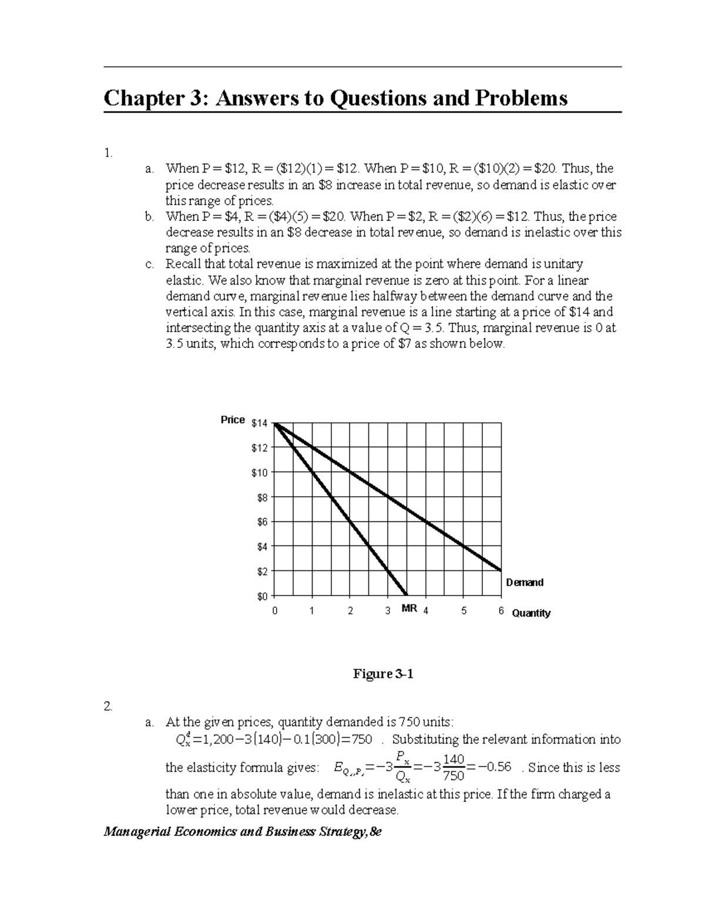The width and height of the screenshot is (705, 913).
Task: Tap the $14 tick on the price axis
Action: click(259, 423)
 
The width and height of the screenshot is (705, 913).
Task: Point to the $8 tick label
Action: click(261, 497)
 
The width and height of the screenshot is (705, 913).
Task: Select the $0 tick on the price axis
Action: click(261, 596)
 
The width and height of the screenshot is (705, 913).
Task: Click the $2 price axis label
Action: click(261, 571)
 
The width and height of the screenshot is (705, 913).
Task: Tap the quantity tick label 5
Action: click(464, 611)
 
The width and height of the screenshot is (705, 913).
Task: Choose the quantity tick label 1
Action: click(312, 611)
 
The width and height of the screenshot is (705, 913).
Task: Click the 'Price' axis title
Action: click(233, 420)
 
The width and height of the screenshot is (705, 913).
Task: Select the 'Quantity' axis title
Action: click(531, 613)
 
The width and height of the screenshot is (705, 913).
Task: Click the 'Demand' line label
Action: click(525, 583)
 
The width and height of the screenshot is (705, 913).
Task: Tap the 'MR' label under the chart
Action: click(409, 609)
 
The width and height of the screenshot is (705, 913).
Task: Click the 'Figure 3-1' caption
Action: click(383, 674)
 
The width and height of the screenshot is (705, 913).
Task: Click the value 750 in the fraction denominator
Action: click(454, 776)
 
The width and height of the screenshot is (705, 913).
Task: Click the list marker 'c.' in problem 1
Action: click(149, 265)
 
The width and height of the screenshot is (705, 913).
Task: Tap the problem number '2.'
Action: click(108, 707)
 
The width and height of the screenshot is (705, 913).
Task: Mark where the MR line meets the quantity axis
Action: click(407, 595)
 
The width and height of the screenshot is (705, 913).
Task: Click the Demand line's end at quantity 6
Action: click(501, 570)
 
